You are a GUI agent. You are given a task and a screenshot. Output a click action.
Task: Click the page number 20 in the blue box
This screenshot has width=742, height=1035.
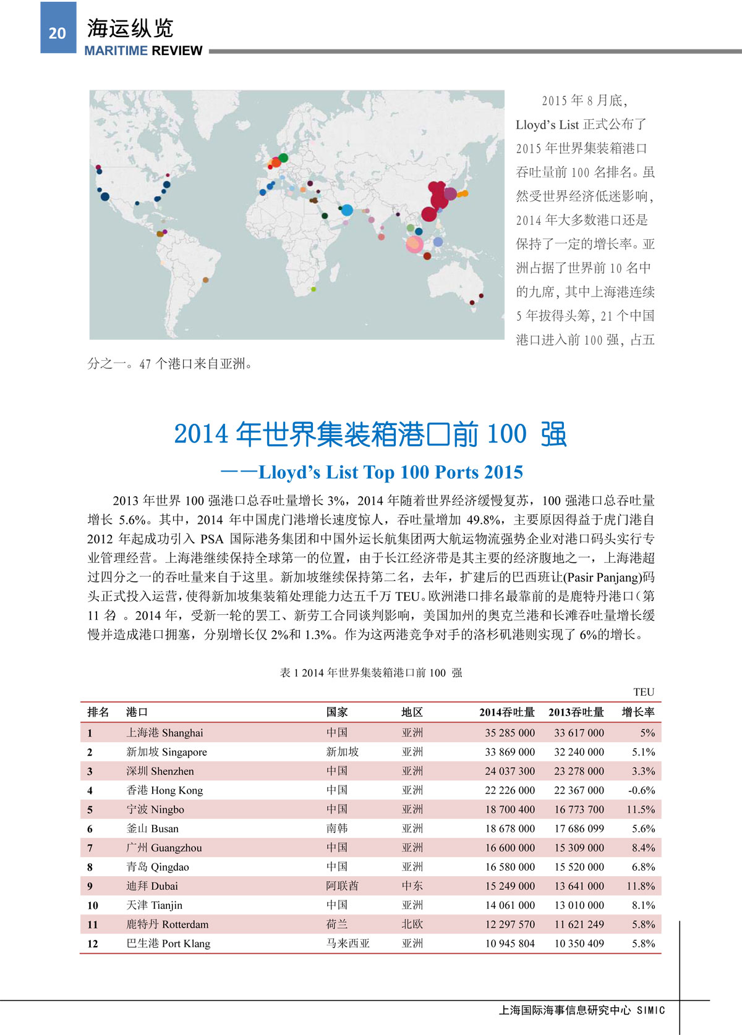coord(57,33)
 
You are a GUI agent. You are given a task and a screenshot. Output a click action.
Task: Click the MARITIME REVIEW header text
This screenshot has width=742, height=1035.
coord(143,51)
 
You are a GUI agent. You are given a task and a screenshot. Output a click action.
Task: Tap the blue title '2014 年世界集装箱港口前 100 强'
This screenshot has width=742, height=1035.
coord(370,434)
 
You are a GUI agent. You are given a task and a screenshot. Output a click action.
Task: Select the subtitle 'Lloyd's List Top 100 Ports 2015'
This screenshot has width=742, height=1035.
coord(390,472)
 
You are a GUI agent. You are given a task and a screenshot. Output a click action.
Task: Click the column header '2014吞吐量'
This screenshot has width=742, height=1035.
coord(506,712)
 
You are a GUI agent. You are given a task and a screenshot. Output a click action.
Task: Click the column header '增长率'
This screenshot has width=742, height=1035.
coord(638,712)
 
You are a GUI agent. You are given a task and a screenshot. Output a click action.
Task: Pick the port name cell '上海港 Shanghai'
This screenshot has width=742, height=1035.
coord(164,733)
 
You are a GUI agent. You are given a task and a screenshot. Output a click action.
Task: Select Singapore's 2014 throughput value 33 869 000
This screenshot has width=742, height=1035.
coord(510,752)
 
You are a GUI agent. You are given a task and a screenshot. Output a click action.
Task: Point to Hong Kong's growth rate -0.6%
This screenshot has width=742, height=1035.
coord(641,790)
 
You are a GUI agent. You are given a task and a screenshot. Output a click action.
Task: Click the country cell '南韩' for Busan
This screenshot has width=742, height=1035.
coord(337,829)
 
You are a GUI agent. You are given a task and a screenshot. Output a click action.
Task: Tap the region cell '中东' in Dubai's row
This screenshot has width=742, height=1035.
coord(412,886)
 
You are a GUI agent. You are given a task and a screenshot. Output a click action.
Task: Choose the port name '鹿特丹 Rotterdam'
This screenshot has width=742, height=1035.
coord(167,924)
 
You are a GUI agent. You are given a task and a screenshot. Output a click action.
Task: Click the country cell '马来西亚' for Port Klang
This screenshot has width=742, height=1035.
coord(348,944)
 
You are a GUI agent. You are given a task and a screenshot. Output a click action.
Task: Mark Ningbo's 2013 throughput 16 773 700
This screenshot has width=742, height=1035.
coord(579,809)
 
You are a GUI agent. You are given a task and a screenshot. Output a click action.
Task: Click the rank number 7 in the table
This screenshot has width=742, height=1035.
coord(90,848)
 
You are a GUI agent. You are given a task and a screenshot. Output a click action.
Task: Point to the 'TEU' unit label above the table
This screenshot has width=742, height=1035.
coord(643,692)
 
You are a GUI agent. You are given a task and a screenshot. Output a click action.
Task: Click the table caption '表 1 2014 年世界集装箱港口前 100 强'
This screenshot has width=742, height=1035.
coord(370,673)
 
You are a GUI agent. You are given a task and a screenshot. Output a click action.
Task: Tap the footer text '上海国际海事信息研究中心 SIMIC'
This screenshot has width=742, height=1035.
coord(582,1010)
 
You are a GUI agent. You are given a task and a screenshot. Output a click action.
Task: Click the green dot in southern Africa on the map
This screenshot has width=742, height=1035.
coord(313,289)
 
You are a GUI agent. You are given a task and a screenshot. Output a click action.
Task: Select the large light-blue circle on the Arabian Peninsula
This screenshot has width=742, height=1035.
coord(347,210)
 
